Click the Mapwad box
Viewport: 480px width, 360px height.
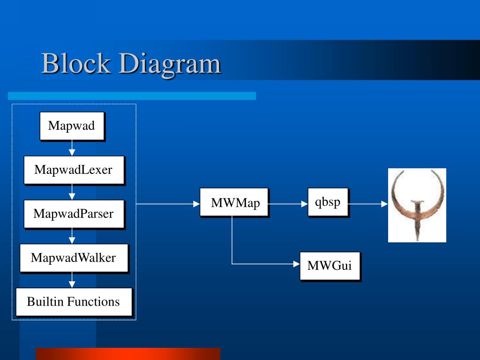pos(72,126)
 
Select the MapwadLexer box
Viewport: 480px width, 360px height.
pos(74,170)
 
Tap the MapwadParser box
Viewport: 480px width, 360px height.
pos(74,214)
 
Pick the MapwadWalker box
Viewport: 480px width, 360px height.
pos(74,258)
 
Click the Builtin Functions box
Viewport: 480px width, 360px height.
pos(74,302)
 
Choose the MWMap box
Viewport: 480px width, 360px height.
pos(234,202)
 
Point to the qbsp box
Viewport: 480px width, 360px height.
pos(328,202)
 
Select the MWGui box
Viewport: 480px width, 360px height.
pos(330,266)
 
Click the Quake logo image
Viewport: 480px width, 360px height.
pos(417,205)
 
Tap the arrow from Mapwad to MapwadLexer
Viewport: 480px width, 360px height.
pos(72,148)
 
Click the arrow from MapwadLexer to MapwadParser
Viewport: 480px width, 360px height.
pos(72,192)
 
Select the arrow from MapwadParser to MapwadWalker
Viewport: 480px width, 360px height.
pos(72,236)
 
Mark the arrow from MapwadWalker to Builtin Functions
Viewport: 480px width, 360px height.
pos(72,280)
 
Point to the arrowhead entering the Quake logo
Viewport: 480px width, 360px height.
pos(384,204)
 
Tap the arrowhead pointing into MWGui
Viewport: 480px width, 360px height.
pos(296,264)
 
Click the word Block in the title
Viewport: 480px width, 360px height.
pos(76,64)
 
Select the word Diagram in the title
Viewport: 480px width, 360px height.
pos(169,65)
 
